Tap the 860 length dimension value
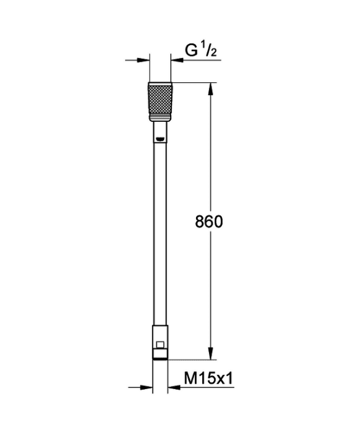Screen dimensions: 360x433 208,221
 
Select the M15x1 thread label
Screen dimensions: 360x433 208,378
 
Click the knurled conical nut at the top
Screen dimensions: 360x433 160,101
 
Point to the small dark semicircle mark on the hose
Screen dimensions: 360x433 160,139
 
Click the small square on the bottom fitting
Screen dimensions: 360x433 160,345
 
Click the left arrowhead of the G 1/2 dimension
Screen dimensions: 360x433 143,59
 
